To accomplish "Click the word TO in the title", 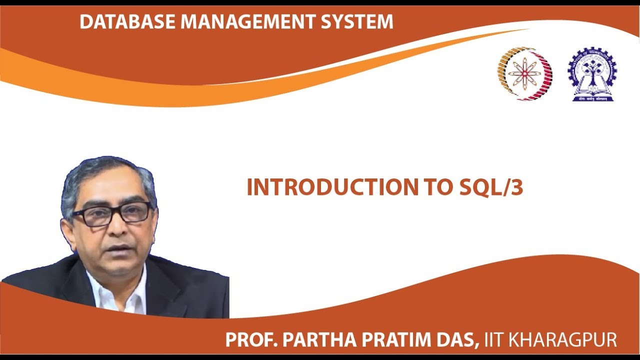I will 440,187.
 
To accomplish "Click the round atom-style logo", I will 525,74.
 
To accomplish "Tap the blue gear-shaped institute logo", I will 592,74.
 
